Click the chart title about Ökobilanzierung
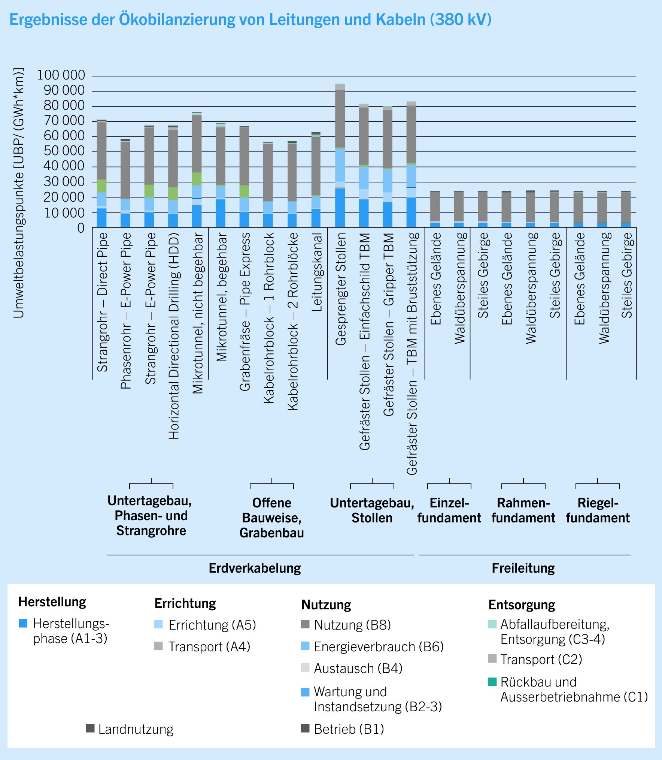click(250, 19)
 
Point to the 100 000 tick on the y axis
click(61, 75)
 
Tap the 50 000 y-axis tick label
click(64, 151)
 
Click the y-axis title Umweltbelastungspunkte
click(19, 193)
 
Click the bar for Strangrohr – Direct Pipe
click(101, 174)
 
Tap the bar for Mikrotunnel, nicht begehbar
click(197, 171)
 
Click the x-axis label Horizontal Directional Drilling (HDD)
click(174, 336)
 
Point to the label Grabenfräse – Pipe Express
click(245, 312)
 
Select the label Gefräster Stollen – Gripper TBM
click(388, 324)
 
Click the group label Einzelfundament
click(449, 510)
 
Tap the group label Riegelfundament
click(598, 510)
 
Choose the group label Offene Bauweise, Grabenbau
click(271, 518)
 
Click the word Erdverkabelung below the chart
click(255, 568)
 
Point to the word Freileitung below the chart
click(523, 568)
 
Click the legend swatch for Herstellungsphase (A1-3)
click(23, 624)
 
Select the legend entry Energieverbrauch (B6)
click(379, 646)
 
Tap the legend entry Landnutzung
click(136, 729)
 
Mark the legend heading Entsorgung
click(521, 604)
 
